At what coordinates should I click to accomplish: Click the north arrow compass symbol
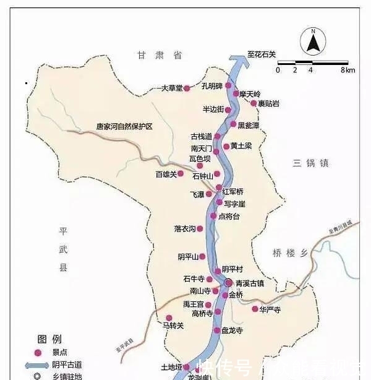pos(313,42)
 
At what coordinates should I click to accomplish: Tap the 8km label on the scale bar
pos(348,70)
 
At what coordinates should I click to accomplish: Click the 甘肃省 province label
pos(160,55)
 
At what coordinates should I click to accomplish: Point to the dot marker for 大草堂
pos(187,89)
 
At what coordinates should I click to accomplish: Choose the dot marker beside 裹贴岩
pos(254,103)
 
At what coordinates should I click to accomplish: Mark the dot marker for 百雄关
pos(181,174)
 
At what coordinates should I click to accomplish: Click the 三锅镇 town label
pos(311,163)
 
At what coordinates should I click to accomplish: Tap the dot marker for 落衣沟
pos(200,228)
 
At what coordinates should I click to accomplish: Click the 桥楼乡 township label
pos(290,253)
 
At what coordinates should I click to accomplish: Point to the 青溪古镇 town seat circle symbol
pos(228,283)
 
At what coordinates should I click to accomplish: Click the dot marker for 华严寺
pos(255,309)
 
